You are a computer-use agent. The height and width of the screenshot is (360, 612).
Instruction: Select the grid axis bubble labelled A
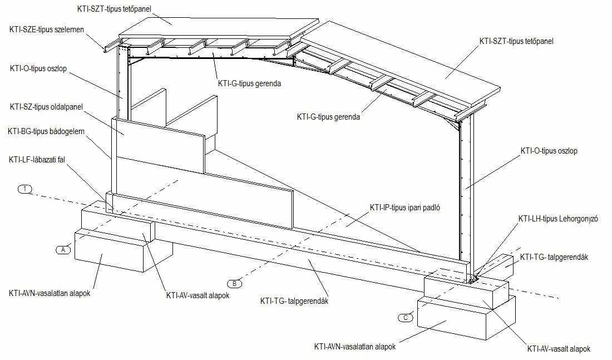pyautogui.click(x=64, y=249)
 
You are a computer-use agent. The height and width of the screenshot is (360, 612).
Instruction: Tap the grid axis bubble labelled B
pyautogui.click(x=235, y=283)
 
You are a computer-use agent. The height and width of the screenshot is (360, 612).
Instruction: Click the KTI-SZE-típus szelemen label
pyautogui.click(x=47, y=29)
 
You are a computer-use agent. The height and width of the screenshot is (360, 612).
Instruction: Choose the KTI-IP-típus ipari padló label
pyautogui.click(x=405, y=208)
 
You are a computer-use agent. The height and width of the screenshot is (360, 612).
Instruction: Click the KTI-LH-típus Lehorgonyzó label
pyautogui.click(x=557, y=219)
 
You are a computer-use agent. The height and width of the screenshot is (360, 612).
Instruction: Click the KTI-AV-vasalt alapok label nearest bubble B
pyautogui.click(x=198, y=295)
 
